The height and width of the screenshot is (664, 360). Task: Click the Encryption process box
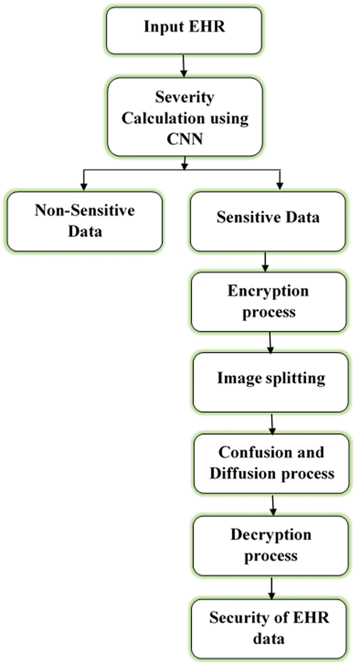click(x=269, y=301)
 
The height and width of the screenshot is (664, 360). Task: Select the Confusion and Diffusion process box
click(x=271, y=463)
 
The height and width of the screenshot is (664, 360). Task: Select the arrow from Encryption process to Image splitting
click(x=269, y=342)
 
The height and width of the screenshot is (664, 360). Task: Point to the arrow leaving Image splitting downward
click(x=272, y=423)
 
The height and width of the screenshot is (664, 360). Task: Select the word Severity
click(x=185, y=98)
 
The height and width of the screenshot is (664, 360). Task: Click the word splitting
click(x=298, y=380)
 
